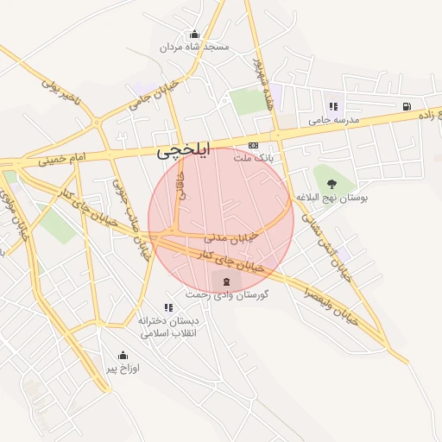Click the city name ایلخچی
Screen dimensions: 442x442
pyautogui.click(x=183, y=153)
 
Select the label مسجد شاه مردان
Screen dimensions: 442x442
pyautogui.click(x=194, y=47)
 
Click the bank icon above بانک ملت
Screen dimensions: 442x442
pyautogui.click(x=253, y=145)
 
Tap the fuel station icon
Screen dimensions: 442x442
pyautogui.click(x=405, y=107)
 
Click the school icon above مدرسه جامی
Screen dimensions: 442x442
pyautogui.click(x=333, y=107)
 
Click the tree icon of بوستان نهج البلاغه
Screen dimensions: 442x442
pyautogui.click(x=332, y=183)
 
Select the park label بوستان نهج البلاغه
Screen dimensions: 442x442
pyautogui.click(x=332, y=197)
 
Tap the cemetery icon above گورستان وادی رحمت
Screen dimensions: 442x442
pyautogui.click(x=226, y=282)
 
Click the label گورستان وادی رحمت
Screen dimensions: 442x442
pyautogui.click(x=226, y=295)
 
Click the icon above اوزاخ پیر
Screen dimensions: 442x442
pyautogui.click(x=123, y=355)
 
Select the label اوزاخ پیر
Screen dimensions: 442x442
pyautogui.click(x=123, y=368)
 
